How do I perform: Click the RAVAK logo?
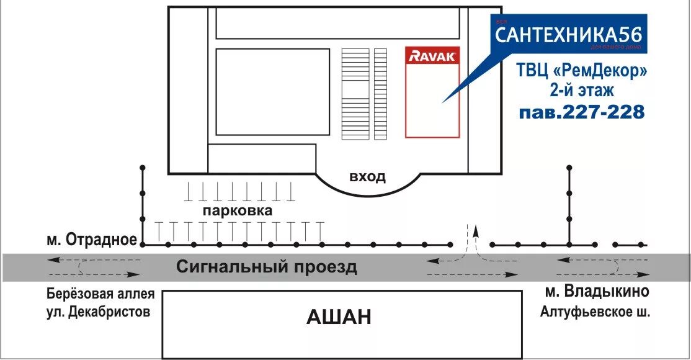[x=432, y=56]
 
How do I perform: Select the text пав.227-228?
[x=582, y=112]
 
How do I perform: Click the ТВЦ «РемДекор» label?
[x=582, y=71]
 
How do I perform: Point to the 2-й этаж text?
[x=582, y=91]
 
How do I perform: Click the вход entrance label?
[x=367, y=177]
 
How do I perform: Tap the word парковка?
[x=237, y=211]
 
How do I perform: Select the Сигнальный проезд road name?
[x=267, y=268]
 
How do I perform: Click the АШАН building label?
[x=339, y=318]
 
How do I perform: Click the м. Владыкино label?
[x=597, y=291]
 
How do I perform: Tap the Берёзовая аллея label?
[x=100, y=294]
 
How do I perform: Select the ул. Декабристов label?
[x=98, y=312]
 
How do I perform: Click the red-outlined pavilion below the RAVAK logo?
[x=432, y=99]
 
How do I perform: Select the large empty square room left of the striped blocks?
[x=272, y=92]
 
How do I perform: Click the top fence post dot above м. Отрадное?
[x=143, y=168]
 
